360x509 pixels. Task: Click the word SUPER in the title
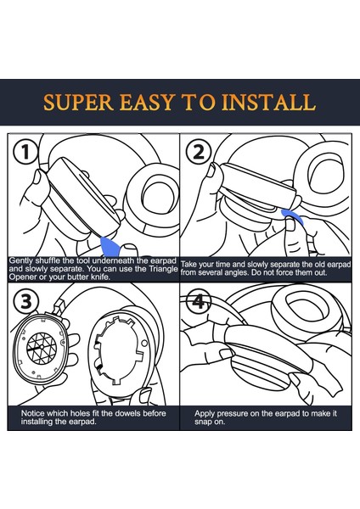(x=78, y=102)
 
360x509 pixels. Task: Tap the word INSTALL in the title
(x=268, y=102)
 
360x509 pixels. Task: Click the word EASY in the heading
(x=147, y=102)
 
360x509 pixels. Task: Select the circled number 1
(x=25, y=152)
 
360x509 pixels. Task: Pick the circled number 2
(x=199, y=152)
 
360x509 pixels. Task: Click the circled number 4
(x=198, y=301)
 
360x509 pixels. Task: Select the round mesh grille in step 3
(x=42, y=347)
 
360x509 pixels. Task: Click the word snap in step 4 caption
(x=202, y=422)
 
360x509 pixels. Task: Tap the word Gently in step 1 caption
(x=20, y=260)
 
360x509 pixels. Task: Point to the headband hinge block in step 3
(x=59, y=307)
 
